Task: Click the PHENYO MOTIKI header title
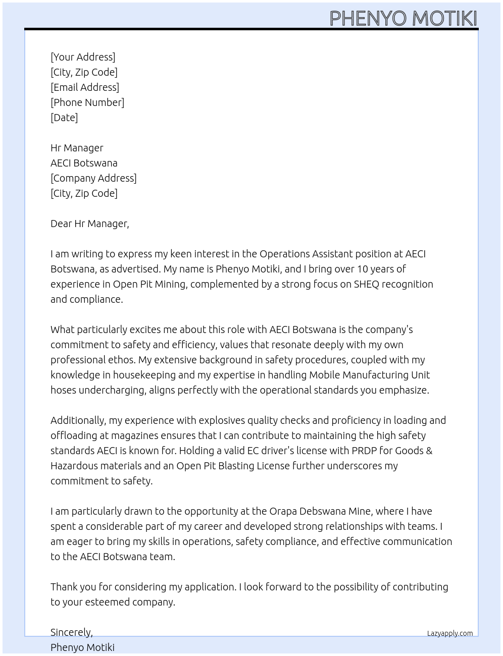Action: (x=403, y=18)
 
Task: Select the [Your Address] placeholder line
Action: (x=83, y=57)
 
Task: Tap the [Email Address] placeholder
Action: (x=85, y=87)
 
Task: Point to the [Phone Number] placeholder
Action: (x=87, y=102)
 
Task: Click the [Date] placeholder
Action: (x=64, y=118)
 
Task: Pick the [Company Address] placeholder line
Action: (x=93, y=178)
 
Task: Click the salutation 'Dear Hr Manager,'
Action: (x=90, y=224)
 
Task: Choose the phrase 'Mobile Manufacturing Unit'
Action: (x=369, y=375)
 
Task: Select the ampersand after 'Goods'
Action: (x=429, y=451)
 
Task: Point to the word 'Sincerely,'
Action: (x=72, y=632)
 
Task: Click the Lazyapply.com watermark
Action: (x=450, y=633)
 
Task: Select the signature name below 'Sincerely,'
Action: (x=82, y=647)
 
